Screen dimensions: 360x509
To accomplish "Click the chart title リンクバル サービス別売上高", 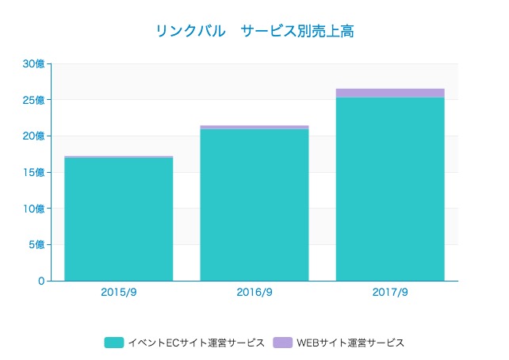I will [254, 32].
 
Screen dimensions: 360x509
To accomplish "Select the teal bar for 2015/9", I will [118, 219].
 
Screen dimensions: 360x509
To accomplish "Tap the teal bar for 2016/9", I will [254, 205].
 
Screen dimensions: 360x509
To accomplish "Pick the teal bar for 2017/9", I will [390, 189].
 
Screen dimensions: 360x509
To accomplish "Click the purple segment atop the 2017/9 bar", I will [390, 93].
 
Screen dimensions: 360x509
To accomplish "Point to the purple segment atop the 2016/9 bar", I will [254, 127].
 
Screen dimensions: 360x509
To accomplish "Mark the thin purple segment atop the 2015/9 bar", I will [118, 157].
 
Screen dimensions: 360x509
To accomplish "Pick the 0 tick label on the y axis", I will [41, 281].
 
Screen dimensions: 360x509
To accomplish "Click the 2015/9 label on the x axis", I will [118, 292].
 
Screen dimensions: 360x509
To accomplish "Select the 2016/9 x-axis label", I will [254, 292].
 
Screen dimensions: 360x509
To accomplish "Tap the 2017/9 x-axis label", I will [390, 292].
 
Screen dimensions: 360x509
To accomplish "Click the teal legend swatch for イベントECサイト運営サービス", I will [114, 343].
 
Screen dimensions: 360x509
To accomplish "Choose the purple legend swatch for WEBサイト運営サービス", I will [282, 343].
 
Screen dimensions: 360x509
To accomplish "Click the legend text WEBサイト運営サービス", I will [350, 343].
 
